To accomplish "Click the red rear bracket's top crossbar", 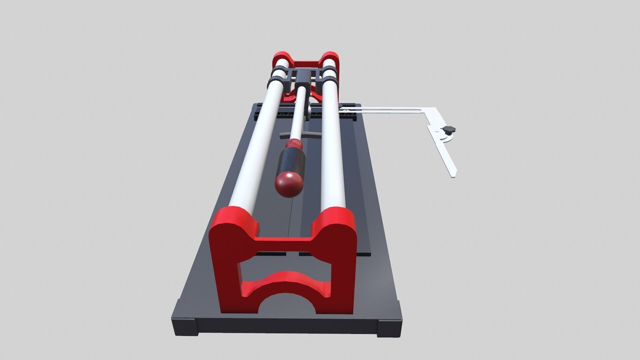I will pos(306,63).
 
